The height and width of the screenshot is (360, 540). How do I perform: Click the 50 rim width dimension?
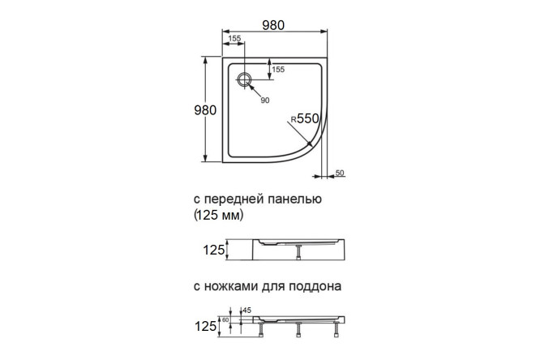[339, 173]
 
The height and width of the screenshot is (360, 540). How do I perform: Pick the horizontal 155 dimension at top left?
[234, 39]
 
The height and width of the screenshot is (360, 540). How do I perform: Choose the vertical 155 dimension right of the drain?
[278, 70]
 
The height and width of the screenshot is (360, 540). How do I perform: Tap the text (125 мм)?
[218, 216]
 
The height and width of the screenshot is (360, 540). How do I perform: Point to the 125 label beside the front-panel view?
[212, 251]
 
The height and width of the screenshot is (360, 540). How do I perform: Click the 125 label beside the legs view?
[208, 326]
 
